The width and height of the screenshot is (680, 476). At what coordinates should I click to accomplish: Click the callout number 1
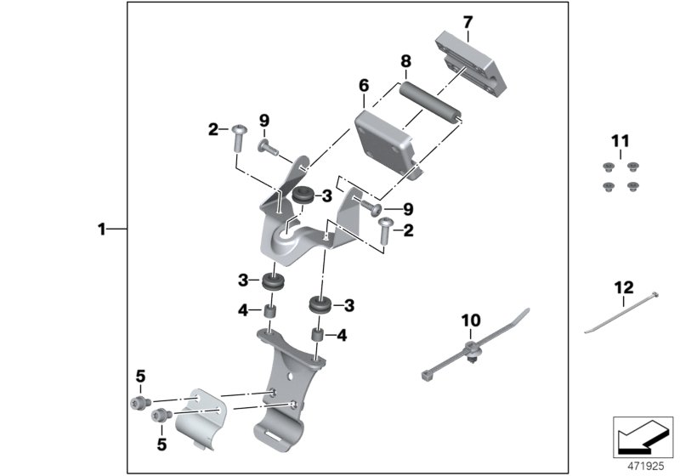coord(101,229)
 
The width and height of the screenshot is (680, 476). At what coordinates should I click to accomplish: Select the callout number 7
coord(467,21)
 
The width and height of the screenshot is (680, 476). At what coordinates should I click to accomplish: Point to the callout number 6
coord(364,86)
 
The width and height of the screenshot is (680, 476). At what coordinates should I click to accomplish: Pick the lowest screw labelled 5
coord(158,416)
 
